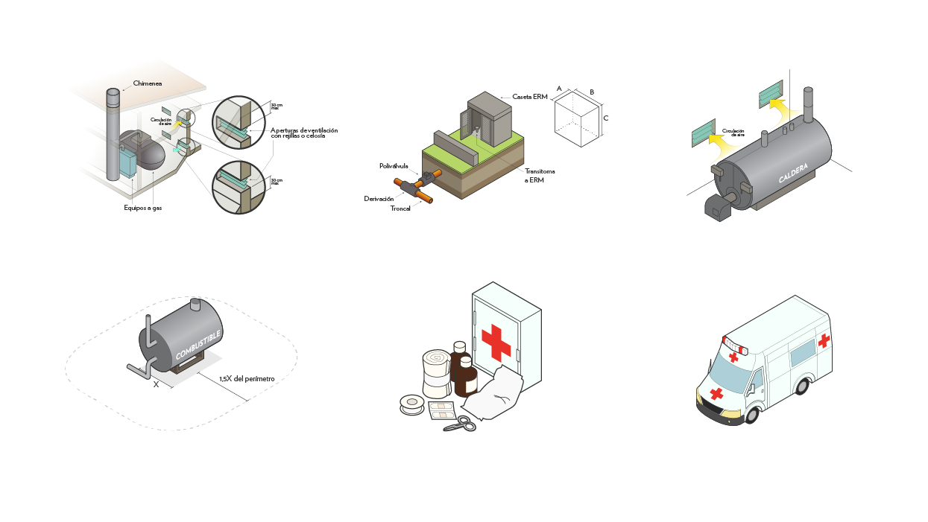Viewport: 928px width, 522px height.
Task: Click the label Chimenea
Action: coord(147,83)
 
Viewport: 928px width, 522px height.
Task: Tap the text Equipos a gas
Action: coord(142,208)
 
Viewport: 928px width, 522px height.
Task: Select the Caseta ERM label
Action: coord(530,97)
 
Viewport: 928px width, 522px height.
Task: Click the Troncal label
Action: coord(400,209)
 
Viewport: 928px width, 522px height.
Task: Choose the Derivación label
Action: coord(379,198)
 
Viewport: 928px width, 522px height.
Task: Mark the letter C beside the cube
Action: coord(606,118)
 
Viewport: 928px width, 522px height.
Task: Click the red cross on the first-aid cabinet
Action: coord(496,342)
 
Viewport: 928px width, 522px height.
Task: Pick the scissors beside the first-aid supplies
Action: coord(460,424)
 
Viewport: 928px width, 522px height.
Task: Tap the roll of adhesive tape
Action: coord(411,404)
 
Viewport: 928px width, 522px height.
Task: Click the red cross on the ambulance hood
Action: coord(717,392)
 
